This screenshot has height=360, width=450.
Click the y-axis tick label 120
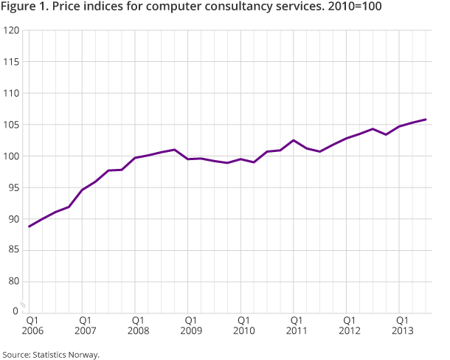coord(13,31)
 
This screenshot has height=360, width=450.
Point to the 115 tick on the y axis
coord(13,62)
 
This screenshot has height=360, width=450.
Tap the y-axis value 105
coord(13,125)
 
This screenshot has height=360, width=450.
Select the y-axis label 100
coord(13,156)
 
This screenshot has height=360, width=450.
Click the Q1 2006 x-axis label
coord(32,326)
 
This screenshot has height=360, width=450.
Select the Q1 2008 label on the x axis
coord(138,326)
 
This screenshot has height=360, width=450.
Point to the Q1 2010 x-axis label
coord(243,326)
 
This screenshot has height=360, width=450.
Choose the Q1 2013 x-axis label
coord(401,326)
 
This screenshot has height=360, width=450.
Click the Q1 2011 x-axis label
coord(296,326)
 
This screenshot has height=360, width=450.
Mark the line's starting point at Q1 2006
coord(30,226)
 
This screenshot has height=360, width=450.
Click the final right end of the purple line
coord(426,120)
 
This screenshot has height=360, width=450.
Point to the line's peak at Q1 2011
coord(294,140)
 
